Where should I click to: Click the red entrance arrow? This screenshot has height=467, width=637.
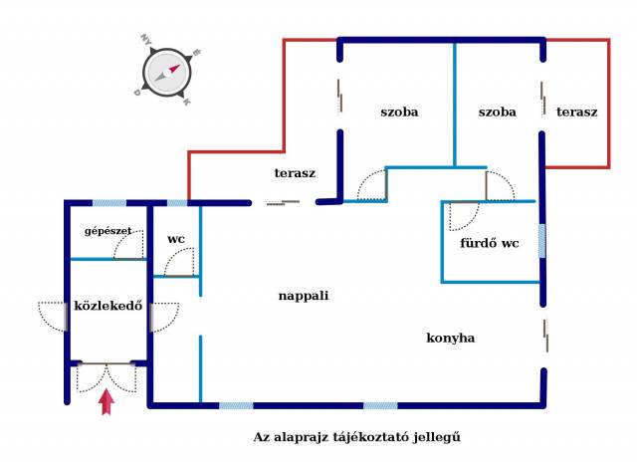click(106, 401)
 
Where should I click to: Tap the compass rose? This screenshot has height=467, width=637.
click(166, 73)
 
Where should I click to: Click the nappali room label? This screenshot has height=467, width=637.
click(304, 296)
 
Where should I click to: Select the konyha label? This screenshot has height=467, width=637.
click(451, 338)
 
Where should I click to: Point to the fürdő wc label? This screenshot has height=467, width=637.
click(490, 243)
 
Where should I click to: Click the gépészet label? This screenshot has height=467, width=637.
click(108, 231)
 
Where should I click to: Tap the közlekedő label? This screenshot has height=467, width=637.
click(108, 306)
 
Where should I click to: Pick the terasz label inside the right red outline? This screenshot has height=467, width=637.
click(577, 112)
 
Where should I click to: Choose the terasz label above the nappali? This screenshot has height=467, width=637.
click(295, 173)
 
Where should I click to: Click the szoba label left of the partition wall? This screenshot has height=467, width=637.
click(399, 112)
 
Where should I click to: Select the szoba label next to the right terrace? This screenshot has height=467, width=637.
click(498, 112)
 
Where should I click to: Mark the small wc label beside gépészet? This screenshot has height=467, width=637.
click(176, 239)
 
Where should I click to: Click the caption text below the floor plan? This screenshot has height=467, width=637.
click(357, 437)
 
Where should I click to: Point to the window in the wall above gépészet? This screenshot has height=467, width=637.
click(109, 203)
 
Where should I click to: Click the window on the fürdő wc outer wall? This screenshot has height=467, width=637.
click(541, 241)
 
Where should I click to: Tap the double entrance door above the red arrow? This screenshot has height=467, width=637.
click(106, 378)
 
